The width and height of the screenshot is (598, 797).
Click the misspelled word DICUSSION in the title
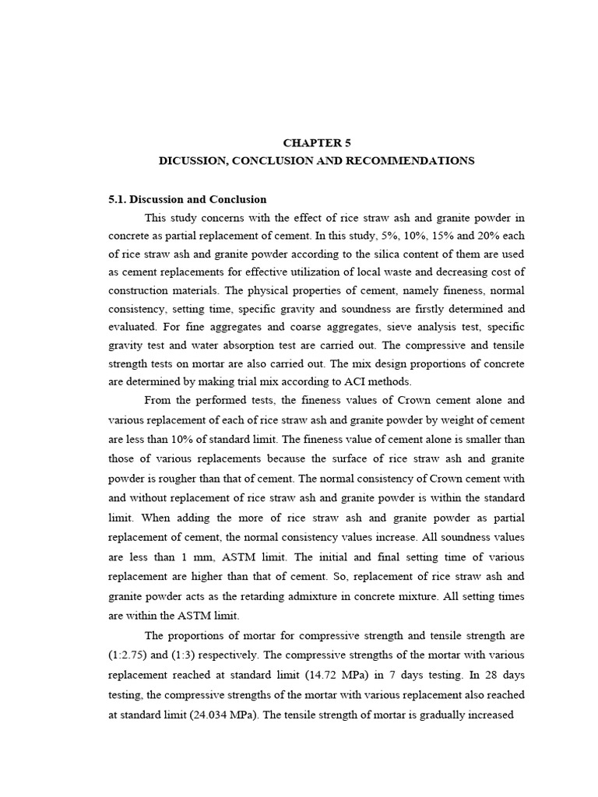click(x=188, y=160)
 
